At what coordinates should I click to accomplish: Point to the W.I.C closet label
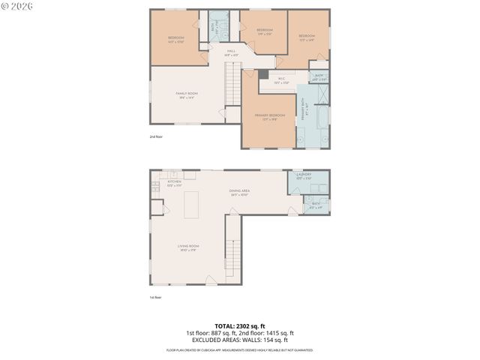(281, 79)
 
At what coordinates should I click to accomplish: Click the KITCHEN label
(174, 182)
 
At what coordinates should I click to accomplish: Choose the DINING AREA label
(239, 191)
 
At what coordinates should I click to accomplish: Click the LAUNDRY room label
(304, 175)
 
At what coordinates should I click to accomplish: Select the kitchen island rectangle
(191, 204)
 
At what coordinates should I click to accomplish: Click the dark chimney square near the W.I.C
(263, 73)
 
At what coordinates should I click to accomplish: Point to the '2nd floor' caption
(156, 136)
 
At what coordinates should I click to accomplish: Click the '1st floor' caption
(156, 297)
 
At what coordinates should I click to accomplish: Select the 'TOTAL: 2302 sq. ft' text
(239, 325)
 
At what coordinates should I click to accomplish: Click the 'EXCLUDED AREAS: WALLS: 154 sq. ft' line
(239, 340)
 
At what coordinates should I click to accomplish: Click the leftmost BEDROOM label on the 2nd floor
(176, 38)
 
